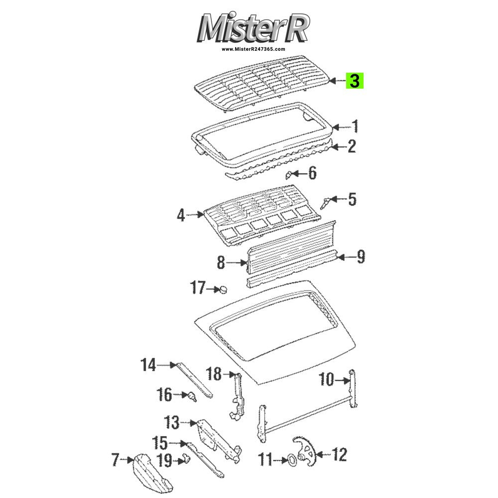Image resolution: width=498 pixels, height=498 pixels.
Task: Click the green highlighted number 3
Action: (355, 81)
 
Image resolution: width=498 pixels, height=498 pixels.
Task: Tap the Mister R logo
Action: (253, 28)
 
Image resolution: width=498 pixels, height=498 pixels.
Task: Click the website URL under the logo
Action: (253, 49)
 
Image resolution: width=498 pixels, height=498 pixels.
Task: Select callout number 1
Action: (355, 126)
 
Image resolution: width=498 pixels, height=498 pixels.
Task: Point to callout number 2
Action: (352, 146)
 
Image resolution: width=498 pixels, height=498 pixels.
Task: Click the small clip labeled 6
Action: (289, 174)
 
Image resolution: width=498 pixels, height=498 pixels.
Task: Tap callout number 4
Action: (181, 215)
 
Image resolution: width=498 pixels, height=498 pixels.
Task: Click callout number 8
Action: (221, 262)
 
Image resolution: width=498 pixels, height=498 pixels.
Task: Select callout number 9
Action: (361, 256)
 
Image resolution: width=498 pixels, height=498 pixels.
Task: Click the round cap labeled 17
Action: (224, 290)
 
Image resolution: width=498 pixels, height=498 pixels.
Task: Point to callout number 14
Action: (148, 365)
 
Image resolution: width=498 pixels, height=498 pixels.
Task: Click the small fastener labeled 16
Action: (192, 396)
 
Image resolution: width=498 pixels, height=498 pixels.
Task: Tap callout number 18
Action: (214, 374)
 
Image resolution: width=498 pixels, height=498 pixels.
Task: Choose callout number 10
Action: (327, 379)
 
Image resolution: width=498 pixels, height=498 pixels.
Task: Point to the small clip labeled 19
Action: (186, 459)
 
